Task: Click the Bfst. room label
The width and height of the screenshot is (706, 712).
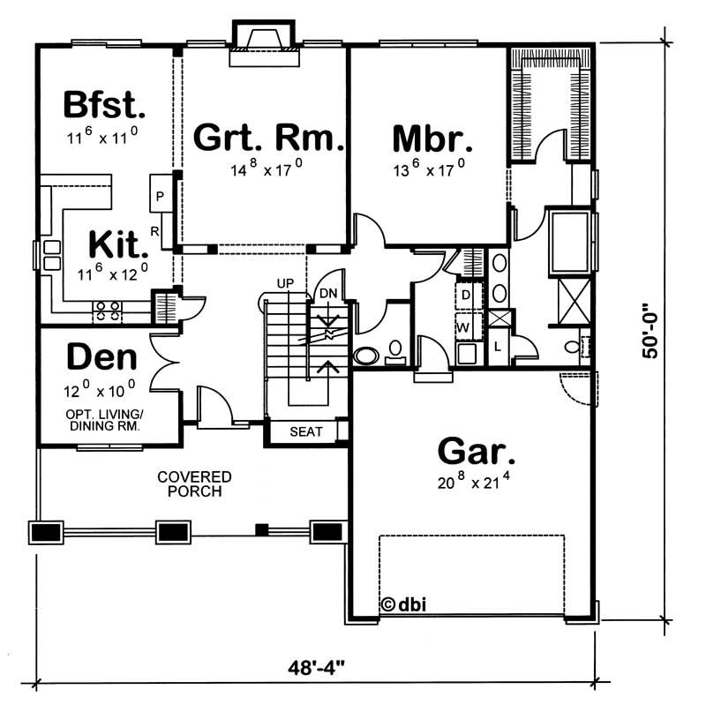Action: pos(104,106)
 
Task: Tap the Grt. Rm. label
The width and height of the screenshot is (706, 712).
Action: pos(267,139)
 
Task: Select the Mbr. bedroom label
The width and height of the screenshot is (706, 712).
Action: pos(432,139)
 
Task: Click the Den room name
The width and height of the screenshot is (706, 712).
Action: pos(102,357)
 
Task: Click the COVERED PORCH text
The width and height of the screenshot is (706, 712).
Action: pos(195,483)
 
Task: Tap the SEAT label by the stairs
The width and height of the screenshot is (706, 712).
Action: pos(306,432)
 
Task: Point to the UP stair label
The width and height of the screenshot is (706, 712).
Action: pos(285,283)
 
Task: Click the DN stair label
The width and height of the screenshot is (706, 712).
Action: pos(327,292)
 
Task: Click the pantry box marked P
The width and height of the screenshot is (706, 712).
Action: pos(161,196)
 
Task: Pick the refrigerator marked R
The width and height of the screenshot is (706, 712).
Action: pos(154,231)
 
